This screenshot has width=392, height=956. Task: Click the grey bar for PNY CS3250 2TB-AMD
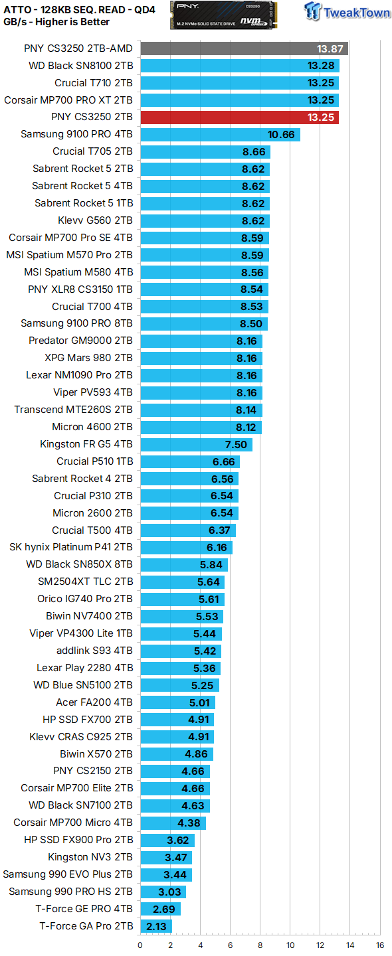[244, 48]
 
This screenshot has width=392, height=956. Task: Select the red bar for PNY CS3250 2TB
[239, 118]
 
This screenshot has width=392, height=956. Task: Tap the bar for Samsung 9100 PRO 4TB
[220, 135]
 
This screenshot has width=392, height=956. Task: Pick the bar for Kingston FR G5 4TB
[196, 444]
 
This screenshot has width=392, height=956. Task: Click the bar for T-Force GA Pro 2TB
[155, 926]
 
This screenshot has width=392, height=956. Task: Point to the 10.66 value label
[281, 135]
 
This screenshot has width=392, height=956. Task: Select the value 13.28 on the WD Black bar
[321, 66]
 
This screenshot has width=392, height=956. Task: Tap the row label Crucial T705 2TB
[92, 151]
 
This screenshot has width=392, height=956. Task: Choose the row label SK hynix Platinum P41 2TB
[71, 548]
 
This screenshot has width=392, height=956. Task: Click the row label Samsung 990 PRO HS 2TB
[70, 892]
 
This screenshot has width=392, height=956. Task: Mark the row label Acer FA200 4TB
[94, 702]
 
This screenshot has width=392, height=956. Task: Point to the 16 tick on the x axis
[379, 945]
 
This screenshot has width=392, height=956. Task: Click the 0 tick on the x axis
[140, 945]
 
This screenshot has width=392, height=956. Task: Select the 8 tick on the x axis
[260, 945]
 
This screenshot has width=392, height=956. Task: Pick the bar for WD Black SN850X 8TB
[183, 565]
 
